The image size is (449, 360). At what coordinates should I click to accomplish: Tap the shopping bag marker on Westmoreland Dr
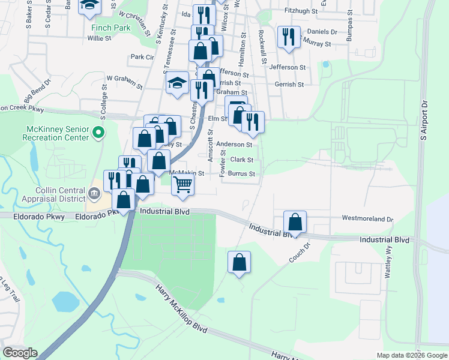tap(295, 221)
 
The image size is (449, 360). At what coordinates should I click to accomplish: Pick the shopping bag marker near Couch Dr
tap(239, 262)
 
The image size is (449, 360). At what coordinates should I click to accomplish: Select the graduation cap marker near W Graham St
tap(178, 83)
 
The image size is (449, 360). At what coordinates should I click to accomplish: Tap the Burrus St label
tap(244, 174)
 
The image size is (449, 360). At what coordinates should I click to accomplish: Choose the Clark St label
tap(242, 160)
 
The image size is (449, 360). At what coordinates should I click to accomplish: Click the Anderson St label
tap(234, 145)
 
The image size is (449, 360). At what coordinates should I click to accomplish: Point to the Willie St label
tap(99, 38)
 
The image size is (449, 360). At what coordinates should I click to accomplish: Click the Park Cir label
tap(142, 57)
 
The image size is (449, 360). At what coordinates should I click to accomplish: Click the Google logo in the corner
tap(20, 353)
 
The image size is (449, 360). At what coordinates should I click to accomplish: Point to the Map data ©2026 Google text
tap(411, 355)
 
